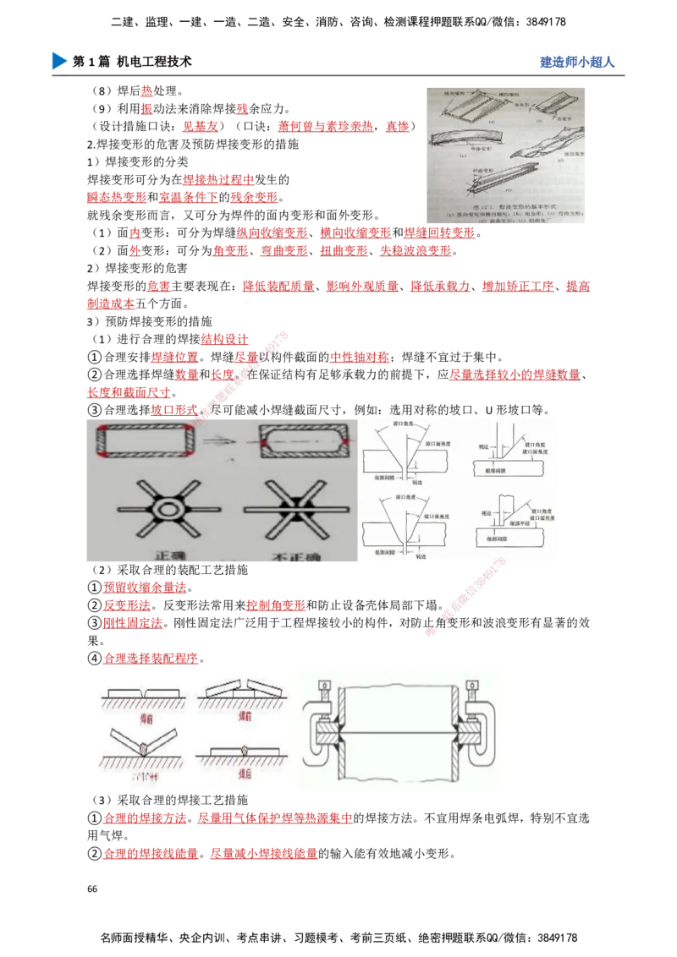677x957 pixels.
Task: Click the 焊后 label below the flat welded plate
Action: (244, 773)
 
